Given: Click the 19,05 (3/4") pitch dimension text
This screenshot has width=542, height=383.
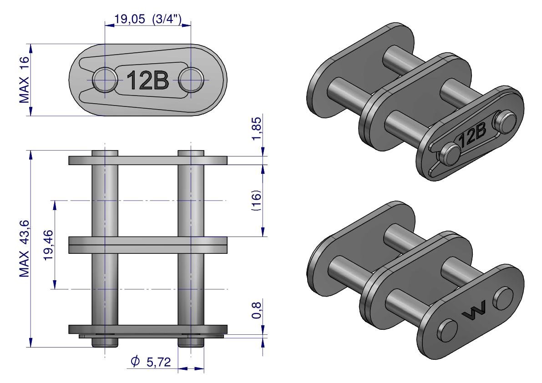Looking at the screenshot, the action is [x=148, y=20].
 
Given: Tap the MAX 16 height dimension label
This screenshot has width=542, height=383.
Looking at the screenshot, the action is [x=24, y=80].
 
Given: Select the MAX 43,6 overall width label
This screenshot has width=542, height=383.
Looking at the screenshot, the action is [x=25, y=249].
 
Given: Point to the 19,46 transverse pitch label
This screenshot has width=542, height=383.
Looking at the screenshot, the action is [x=48, y=245].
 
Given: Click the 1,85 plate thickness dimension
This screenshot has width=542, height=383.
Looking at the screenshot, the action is [x=257, y=128].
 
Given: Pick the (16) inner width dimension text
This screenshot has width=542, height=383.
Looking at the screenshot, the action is [x=257, y=200].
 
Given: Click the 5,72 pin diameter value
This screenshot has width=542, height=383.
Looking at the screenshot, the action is [x=159, y=362].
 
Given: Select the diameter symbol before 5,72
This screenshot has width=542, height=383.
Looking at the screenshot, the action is [x=135, y=361].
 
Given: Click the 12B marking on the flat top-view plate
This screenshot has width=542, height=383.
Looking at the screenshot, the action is [x=147, y=80].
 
